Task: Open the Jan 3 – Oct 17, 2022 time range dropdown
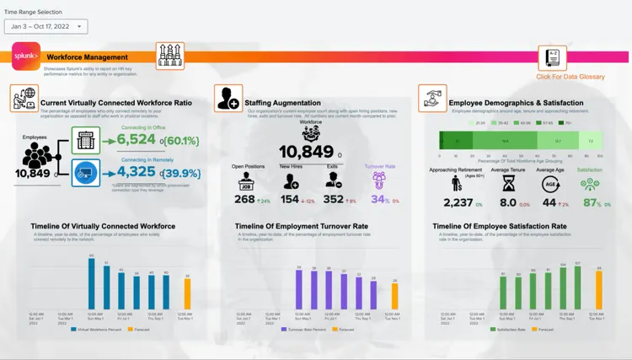[x=46, y=27]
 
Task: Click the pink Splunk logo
[x=25, y=56]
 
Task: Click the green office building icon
[x=85, y=140]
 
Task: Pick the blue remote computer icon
[x=85, y=172]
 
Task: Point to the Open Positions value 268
[x=244, y=201]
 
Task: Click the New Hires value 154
[x=290, y=201]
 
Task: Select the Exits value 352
[x=334, y=201]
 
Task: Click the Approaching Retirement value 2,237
[x=458, y=202]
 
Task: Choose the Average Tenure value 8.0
[x=507, y=202]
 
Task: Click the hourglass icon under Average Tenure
[x=508, y=181]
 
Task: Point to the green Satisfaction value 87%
[x=590, y=202]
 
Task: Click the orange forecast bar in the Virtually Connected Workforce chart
[x=187, y=294]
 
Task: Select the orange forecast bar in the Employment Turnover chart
[x=394, y=296]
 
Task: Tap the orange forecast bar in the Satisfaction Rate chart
[x=599, y=292]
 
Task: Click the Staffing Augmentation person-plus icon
[x=228, y=99]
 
